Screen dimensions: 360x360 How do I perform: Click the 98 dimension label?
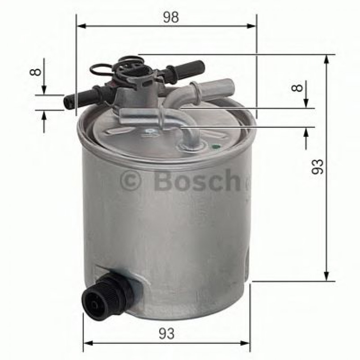click(x=170, y=17)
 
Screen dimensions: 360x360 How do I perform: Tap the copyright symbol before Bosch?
click(x=131, y=181)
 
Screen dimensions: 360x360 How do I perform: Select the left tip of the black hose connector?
click(x=68, y=102)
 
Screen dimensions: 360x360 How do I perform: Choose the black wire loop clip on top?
click(x=101, y=69)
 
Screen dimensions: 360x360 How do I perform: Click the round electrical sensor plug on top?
click(x=129, y=67)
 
